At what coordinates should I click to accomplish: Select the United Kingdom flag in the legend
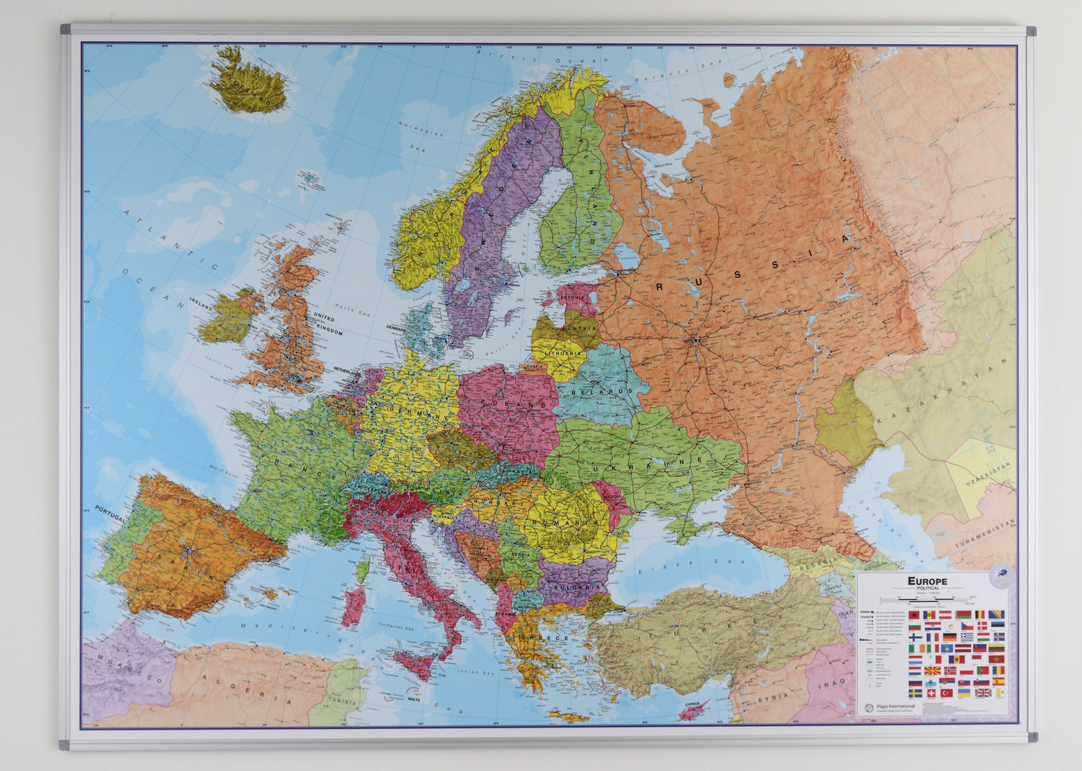982,693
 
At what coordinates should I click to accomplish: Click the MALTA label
413,699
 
